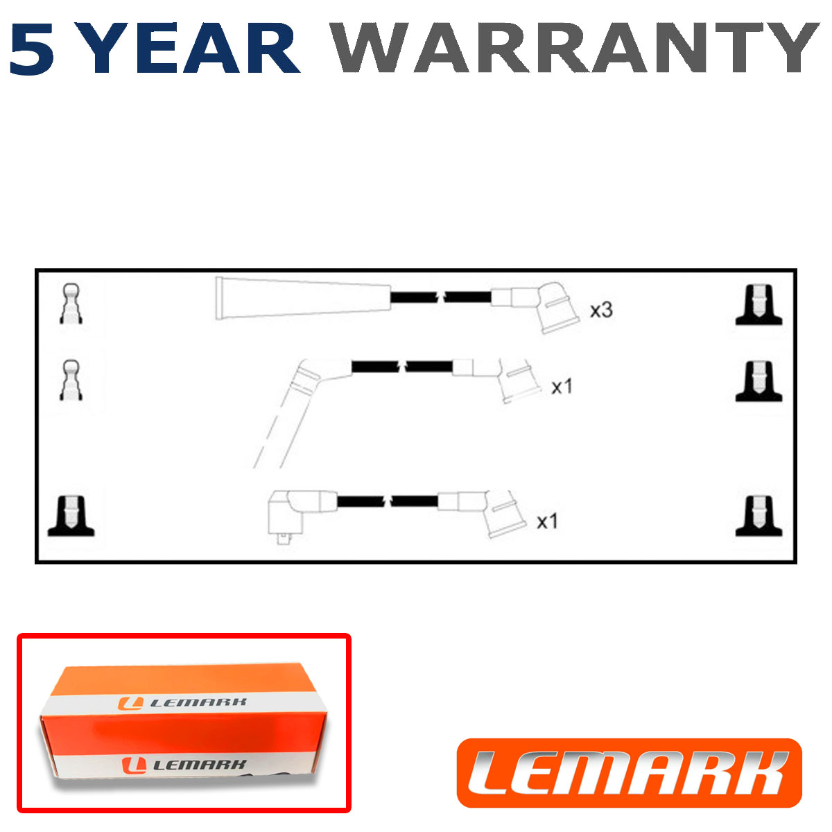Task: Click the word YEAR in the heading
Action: [x=190, y=49]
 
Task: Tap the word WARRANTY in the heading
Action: [x=575, y=48]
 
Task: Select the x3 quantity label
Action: [x=601, y=311]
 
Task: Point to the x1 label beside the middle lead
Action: [x=562, y=386]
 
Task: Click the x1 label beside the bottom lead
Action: [x=547, y=521]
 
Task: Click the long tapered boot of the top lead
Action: [x=303, y=298]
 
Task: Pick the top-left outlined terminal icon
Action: [x=71, y=304]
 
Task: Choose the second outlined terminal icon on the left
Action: [x=71, y=380]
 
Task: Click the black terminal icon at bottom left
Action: [x=71, y=516]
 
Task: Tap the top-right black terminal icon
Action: [x=759, y=305]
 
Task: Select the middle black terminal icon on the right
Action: [x=759, y=381]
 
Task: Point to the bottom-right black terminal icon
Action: [x=759, y=516]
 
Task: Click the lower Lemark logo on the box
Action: [x=184, y=765]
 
